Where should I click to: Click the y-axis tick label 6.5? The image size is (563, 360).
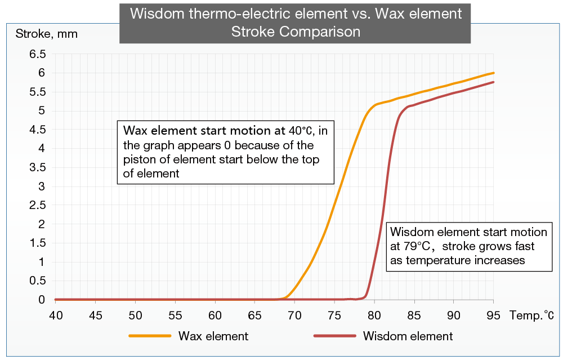(x=38, y=54)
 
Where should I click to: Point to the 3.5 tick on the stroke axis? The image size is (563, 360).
(x=38, y=167)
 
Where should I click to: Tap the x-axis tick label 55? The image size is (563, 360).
(x=175, y=315)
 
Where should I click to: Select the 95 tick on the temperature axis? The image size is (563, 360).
(x=493, y=315)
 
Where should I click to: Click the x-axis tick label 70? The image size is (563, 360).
(x=294, y=315)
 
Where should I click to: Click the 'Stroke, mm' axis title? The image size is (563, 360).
(x=46, y=34)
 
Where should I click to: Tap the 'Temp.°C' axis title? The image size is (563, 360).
(x=532, y=315)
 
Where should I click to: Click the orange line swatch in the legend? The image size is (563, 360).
(x=150, y=336)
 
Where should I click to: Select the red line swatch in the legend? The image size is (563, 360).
(x=334, y=336)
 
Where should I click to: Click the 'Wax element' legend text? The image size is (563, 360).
(x=213, y=336)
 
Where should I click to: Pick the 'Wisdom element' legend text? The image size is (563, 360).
(x=408, y=336)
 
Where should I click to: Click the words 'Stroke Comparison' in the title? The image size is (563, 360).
(x=296, y=32)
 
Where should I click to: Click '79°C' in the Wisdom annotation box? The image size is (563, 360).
(x=415, y=246)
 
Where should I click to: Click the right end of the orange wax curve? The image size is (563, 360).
(x=494, y=73)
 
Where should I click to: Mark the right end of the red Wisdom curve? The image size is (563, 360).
(x=494, y=82)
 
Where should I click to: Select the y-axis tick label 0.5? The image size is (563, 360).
(x=38, y=281)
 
